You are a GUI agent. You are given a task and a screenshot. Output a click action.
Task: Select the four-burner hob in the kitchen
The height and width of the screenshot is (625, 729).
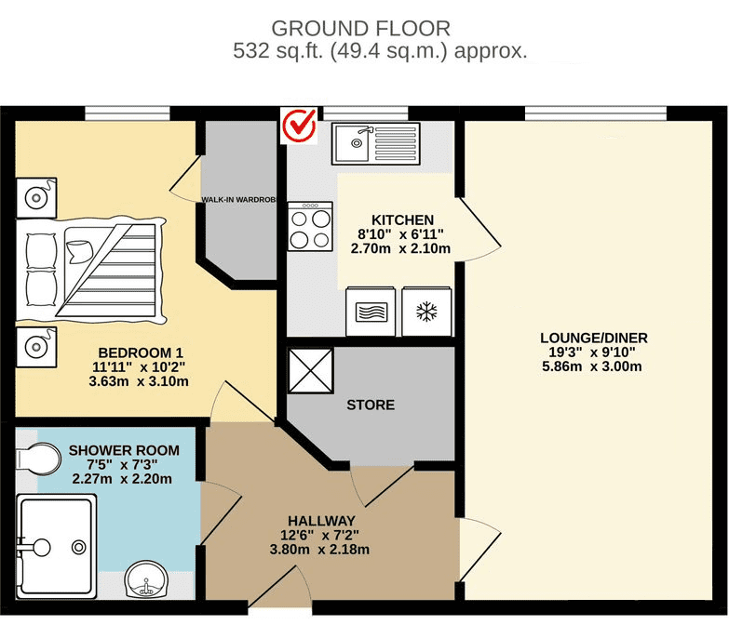[310, 227]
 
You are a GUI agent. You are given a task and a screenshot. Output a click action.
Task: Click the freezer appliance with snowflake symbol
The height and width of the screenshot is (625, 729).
[426, 310]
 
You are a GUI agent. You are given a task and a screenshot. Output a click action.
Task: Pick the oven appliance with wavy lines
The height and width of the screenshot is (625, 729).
[371, 310]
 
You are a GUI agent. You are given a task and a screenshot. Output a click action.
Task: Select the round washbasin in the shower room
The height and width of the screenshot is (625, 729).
[147, 581]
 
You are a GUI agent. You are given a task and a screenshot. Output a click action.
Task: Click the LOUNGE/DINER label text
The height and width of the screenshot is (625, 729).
[594, 338]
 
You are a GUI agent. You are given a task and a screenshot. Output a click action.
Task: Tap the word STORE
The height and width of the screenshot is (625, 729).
[371, 405]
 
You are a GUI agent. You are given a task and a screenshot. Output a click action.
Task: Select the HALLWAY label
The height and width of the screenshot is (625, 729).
[322, 519]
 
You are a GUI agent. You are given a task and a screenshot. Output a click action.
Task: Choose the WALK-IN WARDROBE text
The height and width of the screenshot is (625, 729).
[238, 199]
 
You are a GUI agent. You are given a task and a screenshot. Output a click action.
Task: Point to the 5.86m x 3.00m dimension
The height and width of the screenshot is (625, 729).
[594, 366]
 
